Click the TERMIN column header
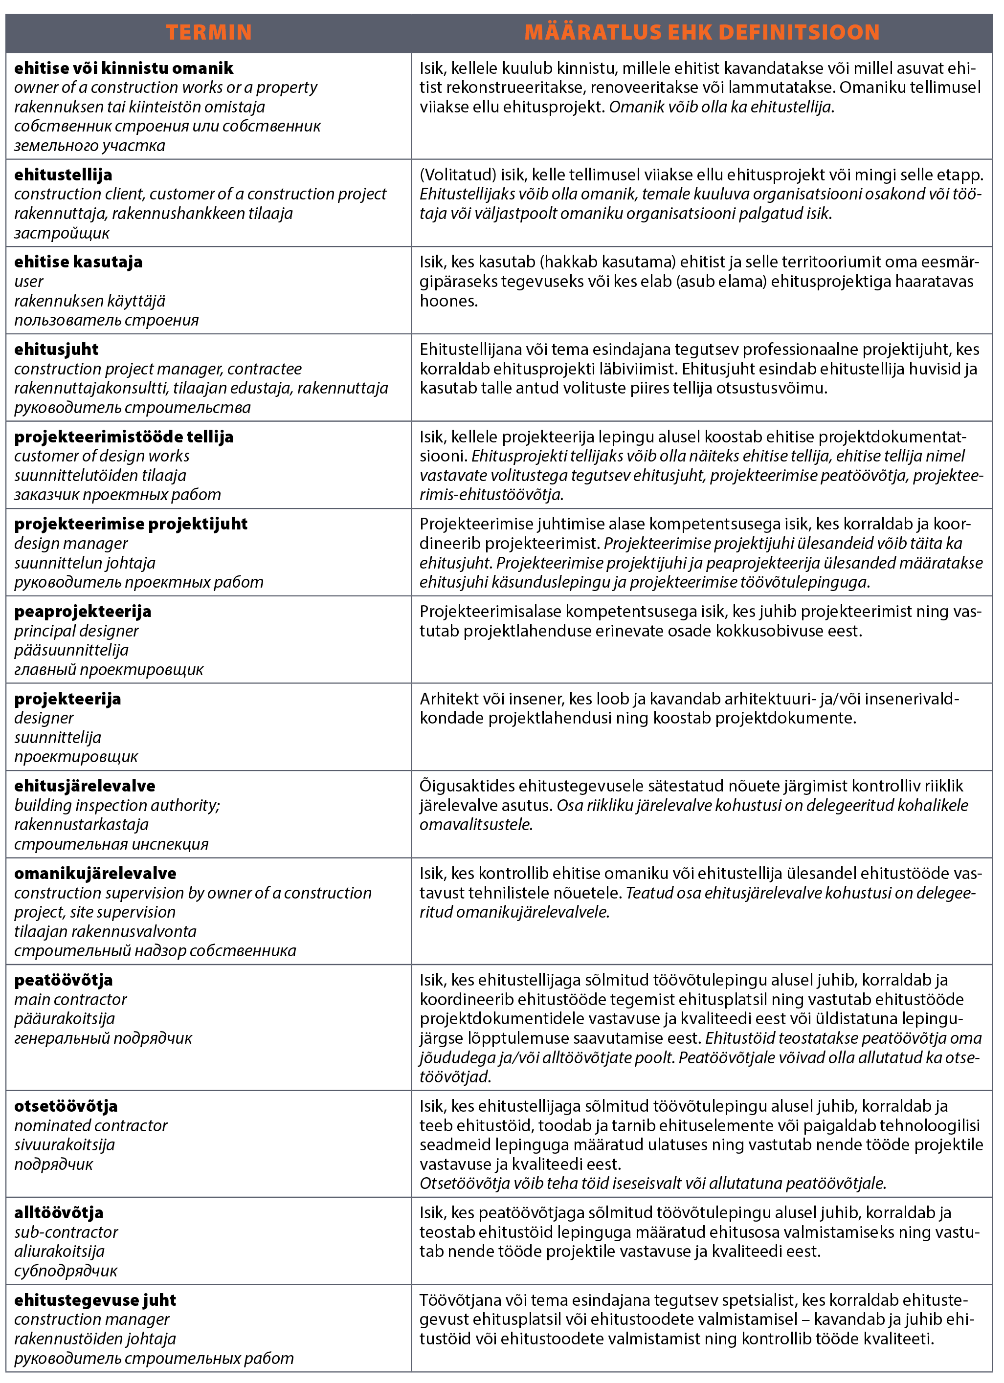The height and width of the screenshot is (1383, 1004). click(209, 32)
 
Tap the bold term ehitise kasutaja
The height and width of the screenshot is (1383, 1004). click(78, 262)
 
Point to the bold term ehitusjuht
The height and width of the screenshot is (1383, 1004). click(56, 350)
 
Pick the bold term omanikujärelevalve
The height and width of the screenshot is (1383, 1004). click(95, 874)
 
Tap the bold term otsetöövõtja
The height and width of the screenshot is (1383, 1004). click(66, 1107)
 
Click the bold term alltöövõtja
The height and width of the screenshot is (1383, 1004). click(59, 1213)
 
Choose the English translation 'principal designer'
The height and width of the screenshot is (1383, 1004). click(76, 631)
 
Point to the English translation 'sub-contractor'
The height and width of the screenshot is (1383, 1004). click(66, 1232)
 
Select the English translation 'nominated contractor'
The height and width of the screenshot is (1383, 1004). click(90, 1126)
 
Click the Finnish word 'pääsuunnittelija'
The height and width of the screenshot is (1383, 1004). click(71, 651)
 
